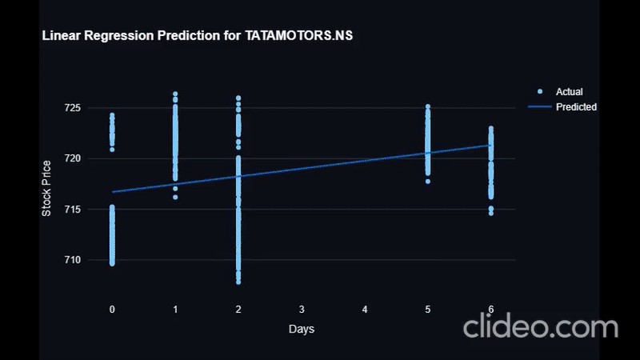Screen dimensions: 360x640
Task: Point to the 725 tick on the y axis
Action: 96,108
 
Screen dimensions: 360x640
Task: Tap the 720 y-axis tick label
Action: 96,158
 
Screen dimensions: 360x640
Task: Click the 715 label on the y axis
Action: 96,210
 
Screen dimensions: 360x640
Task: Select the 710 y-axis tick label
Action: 96,260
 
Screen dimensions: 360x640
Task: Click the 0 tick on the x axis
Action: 112,309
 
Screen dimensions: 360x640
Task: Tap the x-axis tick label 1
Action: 175,309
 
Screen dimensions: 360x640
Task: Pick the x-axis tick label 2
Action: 238,309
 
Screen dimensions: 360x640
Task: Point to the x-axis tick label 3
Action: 302,309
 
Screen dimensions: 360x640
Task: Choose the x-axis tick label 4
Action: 365,309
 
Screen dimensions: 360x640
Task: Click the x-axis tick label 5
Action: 428,309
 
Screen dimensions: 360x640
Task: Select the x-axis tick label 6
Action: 491,309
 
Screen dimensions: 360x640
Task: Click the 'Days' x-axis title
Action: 302,330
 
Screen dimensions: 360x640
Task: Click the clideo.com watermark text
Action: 540,326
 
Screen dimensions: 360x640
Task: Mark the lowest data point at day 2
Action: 238,282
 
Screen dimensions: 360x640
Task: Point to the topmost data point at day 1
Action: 175,94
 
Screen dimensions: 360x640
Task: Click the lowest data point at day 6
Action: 491,213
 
